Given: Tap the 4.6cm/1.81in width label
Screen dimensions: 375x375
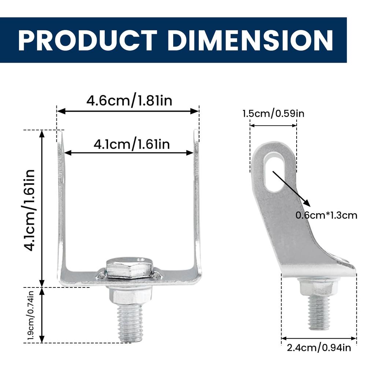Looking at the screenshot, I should coord(129,100).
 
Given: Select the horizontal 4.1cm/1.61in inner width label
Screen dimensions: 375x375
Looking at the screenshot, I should coord(131,144).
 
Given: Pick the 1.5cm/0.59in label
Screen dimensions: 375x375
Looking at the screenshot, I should coord(273,113).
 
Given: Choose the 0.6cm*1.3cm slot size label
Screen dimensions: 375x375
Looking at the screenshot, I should coord(326,215).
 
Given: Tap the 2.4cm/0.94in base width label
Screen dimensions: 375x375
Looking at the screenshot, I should coord(319,347).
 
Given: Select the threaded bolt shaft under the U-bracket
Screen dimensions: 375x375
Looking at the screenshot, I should coord(130,322).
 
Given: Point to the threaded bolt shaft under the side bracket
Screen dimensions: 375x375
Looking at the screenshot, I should coord(319,311).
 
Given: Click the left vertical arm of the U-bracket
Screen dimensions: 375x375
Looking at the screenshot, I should coord(61,205).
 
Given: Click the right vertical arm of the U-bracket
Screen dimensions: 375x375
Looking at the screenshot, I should coord(197,205).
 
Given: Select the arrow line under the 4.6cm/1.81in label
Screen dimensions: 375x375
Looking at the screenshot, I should coord(128,111).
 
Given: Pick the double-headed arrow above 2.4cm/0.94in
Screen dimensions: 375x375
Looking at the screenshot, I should coord(319,338).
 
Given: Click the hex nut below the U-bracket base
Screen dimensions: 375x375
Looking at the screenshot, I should coord(130,295).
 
